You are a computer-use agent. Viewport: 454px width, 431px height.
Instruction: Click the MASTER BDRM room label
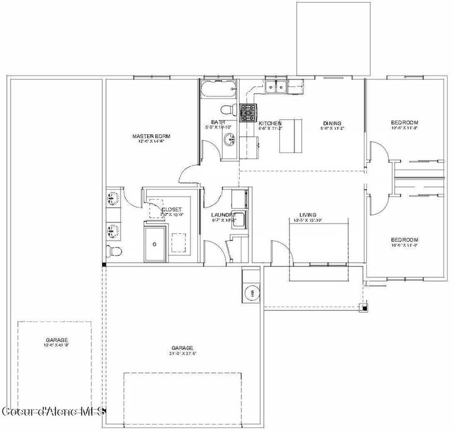coord(151,136)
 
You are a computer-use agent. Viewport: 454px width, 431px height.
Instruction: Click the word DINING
coord(332,123)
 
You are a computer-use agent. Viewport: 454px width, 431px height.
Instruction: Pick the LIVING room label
coord(308,214)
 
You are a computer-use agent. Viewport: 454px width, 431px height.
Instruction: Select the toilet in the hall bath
coord(230,111)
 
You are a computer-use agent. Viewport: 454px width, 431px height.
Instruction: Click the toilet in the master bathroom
coord(113,250)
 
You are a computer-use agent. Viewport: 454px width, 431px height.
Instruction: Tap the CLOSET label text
coord(172,209)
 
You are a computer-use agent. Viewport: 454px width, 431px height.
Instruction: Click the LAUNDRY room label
coord(223,215)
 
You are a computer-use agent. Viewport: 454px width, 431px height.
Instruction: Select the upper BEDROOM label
coord(404,122)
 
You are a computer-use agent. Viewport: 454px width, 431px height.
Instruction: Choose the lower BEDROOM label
coord(404,239)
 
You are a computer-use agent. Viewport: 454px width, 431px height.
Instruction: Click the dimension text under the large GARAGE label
coord(182,353)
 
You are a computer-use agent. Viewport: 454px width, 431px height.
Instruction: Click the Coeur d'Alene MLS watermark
coord(53,411)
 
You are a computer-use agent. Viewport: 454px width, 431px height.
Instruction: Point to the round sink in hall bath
coord(228,140)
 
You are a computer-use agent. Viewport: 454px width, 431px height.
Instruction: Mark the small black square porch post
coord(363,307)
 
